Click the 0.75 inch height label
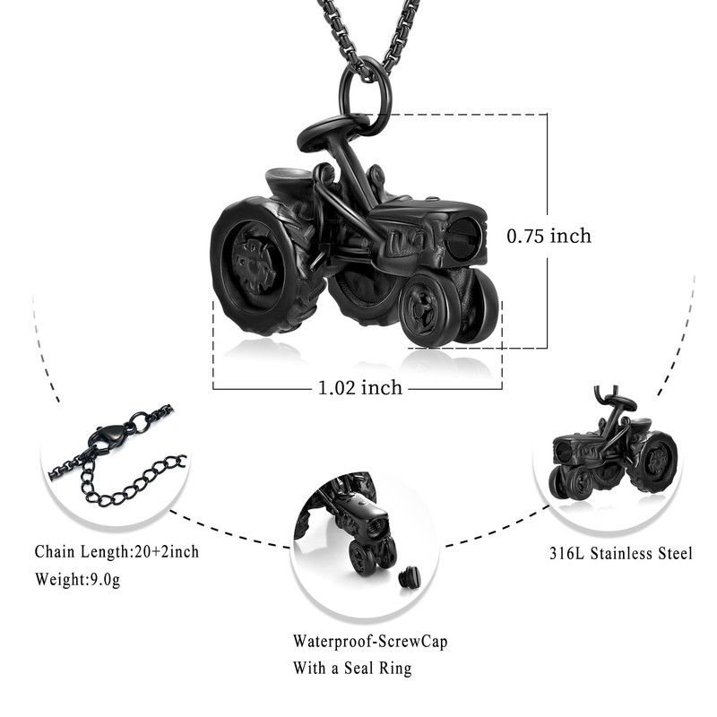[549, 237]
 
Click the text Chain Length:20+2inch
[117, 551]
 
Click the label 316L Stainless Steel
[620, 554]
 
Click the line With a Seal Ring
[352, 668]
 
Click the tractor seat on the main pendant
[289, 184]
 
